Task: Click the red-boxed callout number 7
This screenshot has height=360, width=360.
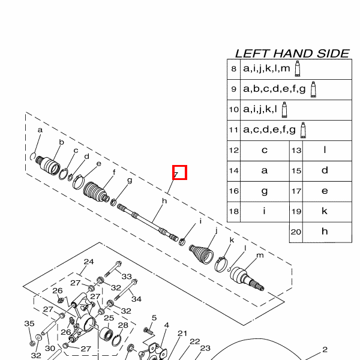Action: pyautogui.click(x=179, y=172)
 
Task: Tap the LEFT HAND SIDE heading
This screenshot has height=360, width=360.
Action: pyautogui.click(x=292, y=53)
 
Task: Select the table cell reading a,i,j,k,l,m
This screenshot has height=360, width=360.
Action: pyautogui.click(x=266, y=69)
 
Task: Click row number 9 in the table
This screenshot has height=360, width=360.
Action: pyautogui.click(x=233, y=89)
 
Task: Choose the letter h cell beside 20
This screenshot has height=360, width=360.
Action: pyautogui.click(x=325, y=231)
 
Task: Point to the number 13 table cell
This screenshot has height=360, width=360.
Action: pyautogui.click(x=296, y=151)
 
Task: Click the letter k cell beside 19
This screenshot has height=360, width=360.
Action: pyautogui.click(x=325, y=211)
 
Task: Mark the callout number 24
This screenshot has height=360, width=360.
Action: pyautogui.click(x=89, y=262)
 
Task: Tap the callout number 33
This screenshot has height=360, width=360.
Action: pyautogui.click(x=127, y=277)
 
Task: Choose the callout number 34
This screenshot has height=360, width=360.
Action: pyautogui.click(x=136, y=299)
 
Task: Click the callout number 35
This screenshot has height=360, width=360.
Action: pyautogui.click(x=29, y=324)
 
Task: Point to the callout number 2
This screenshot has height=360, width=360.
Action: pyautogui.click(x=325, y=349)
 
